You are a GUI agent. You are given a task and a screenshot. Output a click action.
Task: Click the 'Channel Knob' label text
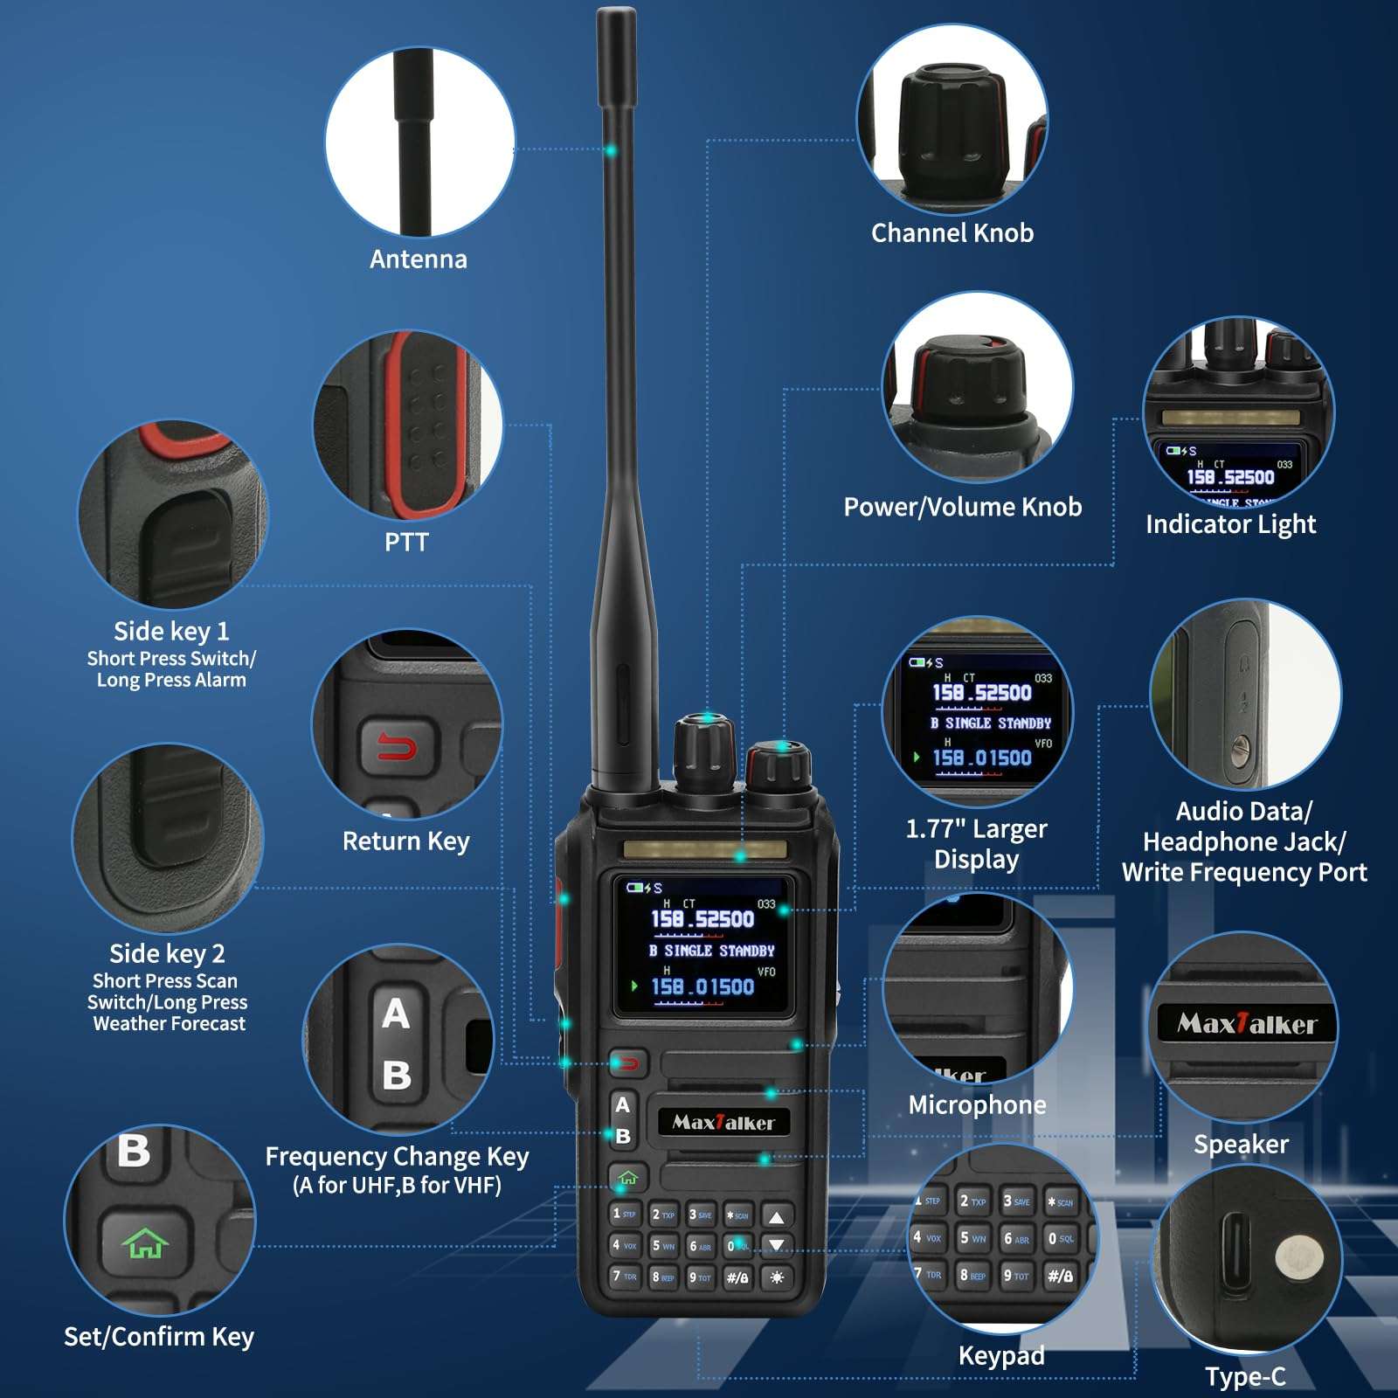pyautogui.click(x=952, y=233)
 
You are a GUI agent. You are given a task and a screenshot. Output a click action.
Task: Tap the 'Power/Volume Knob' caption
pyautogui.click(x=962, y=507)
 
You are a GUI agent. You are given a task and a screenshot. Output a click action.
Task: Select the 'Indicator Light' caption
pyautogui.click(x=1230, y=524)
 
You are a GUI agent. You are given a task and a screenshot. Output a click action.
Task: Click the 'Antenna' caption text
pyautogui.click(x=419, y=260)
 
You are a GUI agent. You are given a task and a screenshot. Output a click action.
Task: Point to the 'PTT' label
pyautogui.click(x=406, y=543)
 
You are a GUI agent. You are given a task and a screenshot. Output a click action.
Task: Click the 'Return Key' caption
pyautogui.click(x=405, y=841)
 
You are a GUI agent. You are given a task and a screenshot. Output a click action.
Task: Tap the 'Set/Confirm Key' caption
pyautogui.click(x=159, y=1337)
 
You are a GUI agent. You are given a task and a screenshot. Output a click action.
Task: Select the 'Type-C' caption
pyautogui.click(x=1245, y=1378)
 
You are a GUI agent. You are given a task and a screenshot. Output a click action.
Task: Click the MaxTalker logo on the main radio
pyautogui.click(x=723, y=1123)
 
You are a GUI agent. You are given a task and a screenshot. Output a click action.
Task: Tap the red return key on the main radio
pyautogui.click(x=628, y=1063)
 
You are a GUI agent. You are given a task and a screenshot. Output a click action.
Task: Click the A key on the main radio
pyautogui.click(x=622, y=1105)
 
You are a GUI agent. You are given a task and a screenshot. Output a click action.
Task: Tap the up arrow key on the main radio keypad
pyautogui.click(x=776, y=1216)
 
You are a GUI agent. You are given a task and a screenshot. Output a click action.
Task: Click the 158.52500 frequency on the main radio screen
pyautogui.click(x=702, y=919)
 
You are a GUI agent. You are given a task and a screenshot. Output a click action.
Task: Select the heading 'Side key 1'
pyautogui.click(x=171, y=631)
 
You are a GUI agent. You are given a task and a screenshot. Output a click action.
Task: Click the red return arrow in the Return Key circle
pyautogui.click(x=397, y=747)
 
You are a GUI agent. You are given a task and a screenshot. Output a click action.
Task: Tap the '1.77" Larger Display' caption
pyautogui.click(x=976, y=844)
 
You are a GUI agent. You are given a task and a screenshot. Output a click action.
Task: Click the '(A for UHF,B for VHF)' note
pyautogui.click(x=397, y=1186)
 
